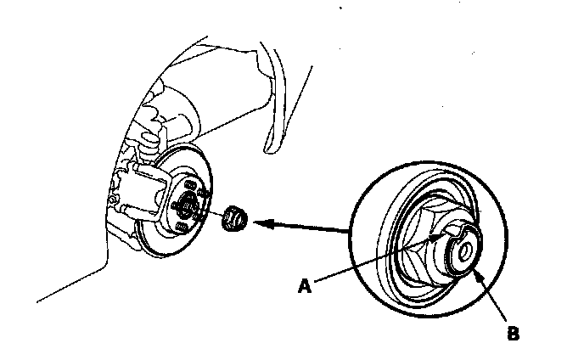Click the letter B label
512,334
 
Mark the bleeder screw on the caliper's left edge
113,199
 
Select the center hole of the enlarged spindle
465,251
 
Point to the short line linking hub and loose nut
212,213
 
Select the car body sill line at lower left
68,289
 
